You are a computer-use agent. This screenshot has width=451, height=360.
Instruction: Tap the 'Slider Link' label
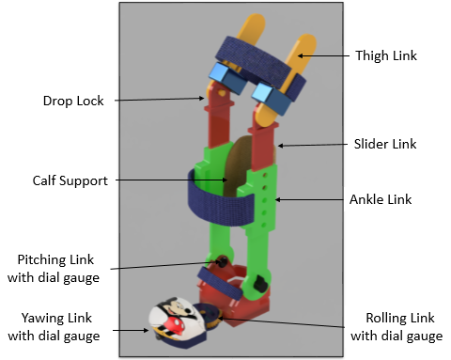click(x=384, y=144)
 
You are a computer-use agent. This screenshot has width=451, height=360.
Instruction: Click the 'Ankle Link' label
click(x=381, y=199)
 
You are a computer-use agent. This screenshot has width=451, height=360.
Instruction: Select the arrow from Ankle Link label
click(x=316, y=199)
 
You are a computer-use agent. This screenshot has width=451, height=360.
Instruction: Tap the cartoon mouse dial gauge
click(x=175, y=319)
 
